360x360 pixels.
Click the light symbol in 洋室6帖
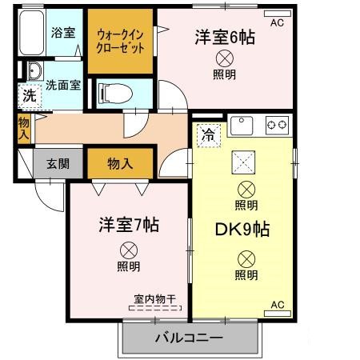point(225,58)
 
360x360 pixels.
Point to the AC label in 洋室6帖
point(278,23)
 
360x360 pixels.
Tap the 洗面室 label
point(62,84)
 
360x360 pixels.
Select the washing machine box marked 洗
point(28,94)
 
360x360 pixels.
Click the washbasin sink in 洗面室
point(33,70)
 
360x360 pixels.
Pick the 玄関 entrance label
point(57,163)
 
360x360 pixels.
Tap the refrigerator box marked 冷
point(207,134)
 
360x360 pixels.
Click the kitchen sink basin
point(241,125)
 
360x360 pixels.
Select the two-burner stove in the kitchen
point(277,125)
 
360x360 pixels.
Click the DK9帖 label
point(242,229)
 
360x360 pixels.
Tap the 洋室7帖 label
point(129,223)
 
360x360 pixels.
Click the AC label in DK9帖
point(278,305)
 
